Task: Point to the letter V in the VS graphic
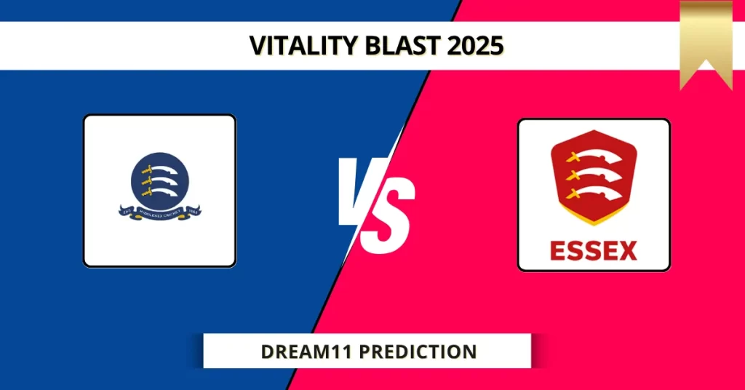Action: tap(361, 193)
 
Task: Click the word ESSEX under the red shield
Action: tap(594, 250)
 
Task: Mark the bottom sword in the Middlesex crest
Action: tap(160, 191)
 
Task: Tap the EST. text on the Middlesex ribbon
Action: tap(125, 210)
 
